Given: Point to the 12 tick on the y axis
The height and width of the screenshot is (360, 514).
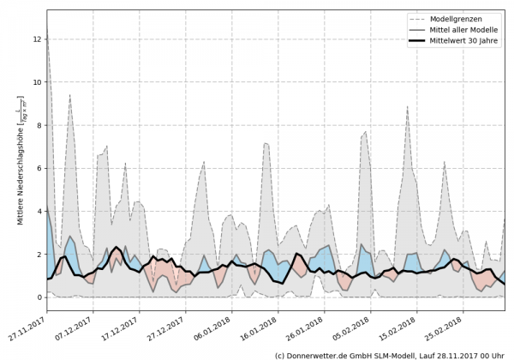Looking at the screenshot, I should tap(37, 39).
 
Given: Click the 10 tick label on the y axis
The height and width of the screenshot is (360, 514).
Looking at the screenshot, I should tap(37, 82).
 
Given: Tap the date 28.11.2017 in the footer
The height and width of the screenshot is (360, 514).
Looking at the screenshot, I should tap(451, 354).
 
